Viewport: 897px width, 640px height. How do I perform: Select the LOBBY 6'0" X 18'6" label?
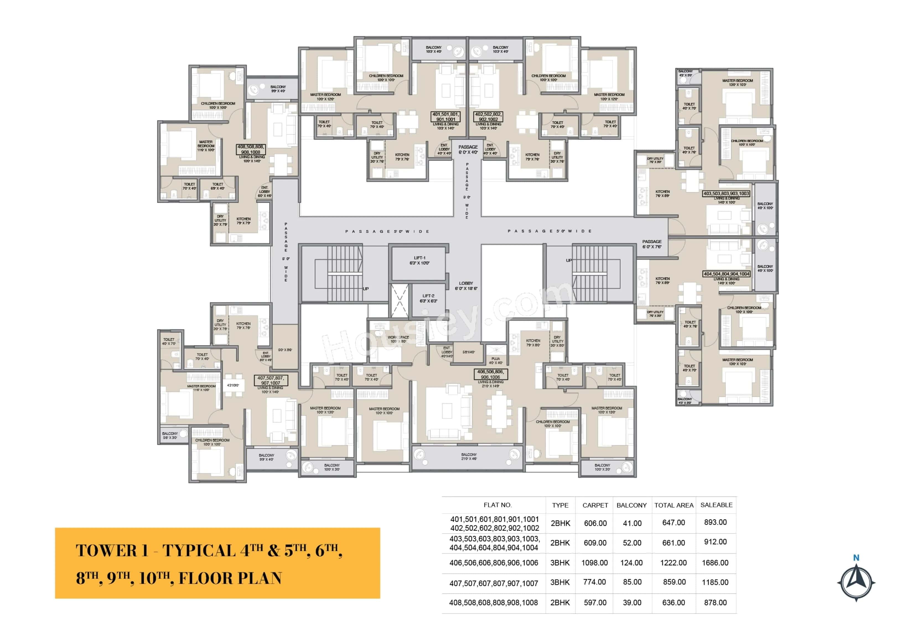coord(466,286)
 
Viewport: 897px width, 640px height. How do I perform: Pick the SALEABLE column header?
coord(716,505)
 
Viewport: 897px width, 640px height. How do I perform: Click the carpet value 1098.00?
coord(594,563)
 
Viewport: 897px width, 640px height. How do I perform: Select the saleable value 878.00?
coord(715,603)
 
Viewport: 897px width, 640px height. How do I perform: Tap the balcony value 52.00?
coord(632,543)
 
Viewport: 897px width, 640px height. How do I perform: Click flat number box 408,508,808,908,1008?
coord(251,149)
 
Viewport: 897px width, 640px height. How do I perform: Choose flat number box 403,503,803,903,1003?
coord(726,194)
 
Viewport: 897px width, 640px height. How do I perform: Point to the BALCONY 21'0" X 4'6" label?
coord(468,456)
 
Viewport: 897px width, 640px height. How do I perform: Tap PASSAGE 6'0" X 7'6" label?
coord(652,244)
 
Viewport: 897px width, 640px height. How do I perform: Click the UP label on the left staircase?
coord(365,289)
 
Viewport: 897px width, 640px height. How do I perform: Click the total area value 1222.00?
coord(673,563)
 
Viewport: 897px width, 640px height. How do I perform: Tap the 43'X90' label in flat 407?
coord(233,385)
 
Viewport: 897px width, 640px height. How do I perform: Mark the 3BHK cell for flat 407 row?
coord(560,582)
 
